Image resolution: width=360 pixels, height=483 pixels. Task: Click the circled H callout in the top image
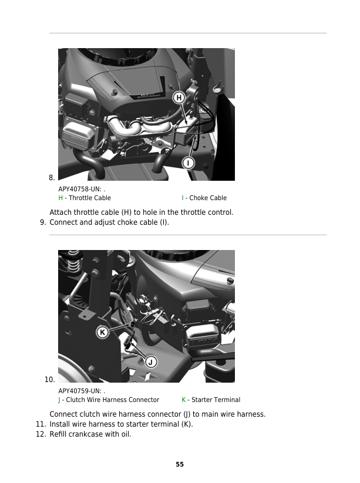point(179,97)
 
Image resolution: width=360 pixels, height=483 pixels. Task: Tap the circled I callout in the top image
point(189,163)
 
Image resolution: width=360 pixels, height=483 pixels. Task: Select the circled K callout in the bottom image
point(102,332)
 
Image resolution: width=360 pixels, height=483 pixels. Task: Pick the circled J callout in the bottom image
point(151,362)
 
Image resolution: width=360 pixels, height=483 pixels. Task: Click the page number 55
point(180,464)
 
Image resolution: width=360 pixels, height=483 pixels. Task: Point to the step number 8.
point(52,177)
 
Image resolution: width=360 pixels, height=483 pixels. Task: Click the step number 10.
point(49,380)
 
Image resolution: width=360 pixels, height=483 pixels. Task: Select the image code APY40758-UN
point(80,189)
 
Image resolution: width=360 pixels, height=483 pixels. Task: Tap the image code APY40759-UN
point(80,391)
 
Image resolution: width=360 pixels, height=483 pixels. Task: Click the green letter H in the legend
point(60,198)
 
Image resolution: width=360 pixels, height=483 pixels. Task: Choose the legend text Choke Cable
point(208,198)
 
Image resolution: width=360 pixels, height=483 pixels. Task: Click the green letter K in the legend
point(184,400)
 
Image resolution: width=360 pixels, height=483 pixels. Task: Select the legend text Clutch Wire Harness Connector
point(113,400)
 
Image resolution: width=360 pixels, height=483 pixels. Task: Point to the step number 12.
point(41,434)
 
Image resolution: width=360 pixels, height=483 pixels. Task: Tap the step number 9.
point(43,222)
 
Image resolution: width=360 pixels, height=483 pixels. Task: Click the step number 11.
point(41,424)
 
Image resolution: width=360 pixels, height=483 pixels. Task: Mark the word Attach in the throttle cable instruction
point(60,212)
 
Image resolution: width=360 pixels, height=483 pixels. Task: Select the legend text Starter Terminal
point(216,400)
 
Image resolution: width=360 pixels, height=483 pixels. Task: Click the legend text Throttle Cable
point(90,198)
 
